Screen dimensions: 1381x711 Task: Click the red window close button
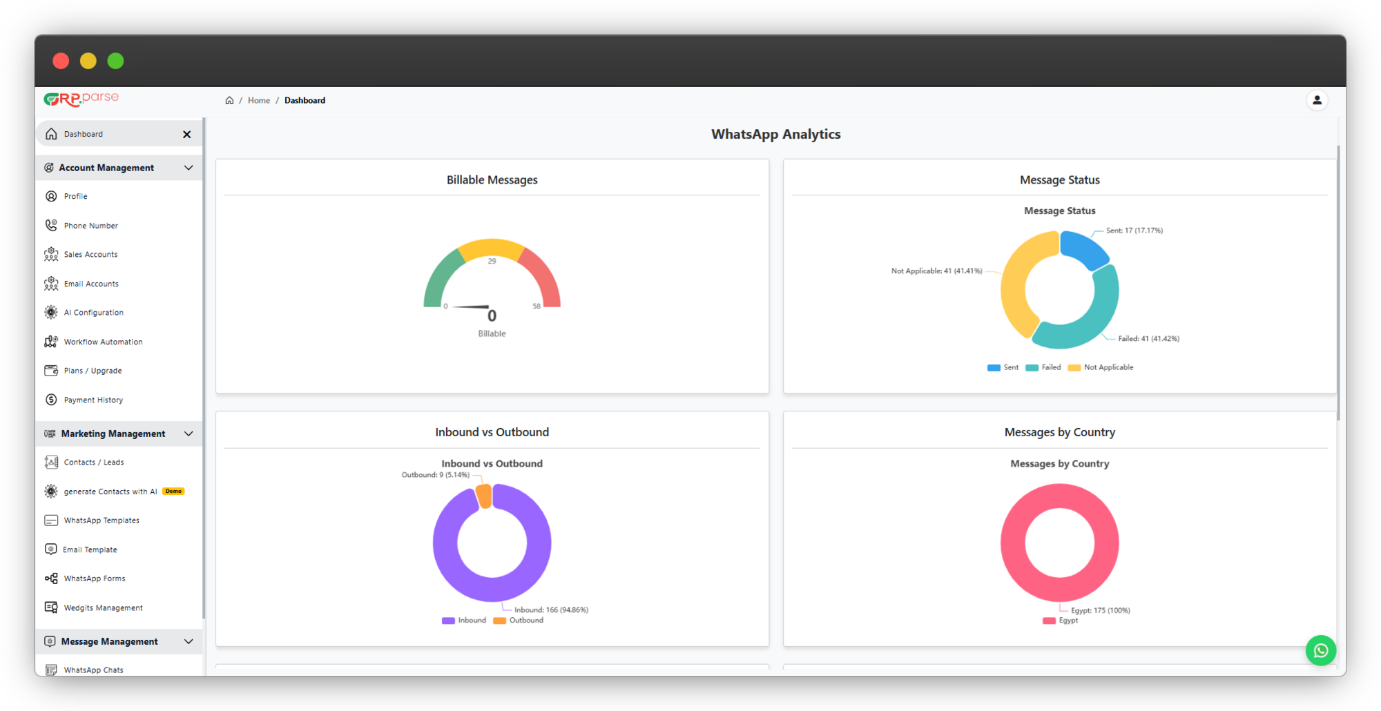[x=61, y=61]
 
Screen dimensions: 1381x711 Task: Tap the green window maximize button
[x=115, y=61]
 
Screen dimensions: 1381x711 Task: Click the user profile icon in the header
[x=1317, y=100]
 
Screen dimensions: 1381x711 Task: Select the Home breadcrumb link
[x=259, y=100]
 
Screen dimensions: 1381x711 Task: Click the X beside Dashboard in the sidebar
[x=187, y=134]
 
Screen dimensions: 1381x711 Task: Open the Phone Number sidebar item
[x=90, y=226]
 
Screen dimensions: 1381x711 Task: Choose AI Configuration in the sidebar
[x=93, y=313]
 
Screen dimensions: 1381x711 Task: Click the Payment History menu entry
[x=93, y=400]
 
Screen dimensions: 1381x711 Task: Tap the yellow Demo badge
[x=173, y=491]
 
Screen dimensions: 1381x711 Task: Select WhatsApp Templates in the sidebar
[x=102, y=520]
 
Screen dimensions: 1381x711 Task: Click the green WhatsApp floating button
[x=1320, y=650]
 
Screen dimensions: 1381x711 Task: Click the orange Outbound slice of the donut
[x=484, y=496]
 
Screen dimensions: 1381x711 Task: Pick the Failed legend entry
[x=1043, y=367]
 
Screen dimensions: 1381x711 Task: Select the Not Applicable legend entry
[x=1101, y=367]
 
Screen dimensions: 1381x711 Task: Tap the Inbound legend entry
[x=464, y=621]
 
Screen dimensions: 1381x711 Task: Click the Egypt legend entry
[x=1061, y=621]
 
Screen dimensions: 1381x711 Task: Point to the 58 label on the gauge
[x=537, y=306]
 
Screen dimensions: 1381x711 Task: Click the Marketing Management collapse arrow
[x=189, y=434]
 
